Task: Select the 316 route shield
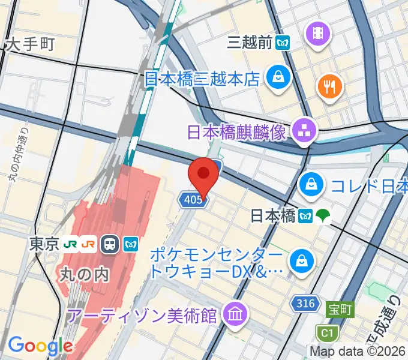[305, 304]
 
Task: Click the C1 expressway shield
[326, 331]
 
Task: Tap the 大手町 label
[31, 44]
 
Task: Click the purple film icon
[317, 34]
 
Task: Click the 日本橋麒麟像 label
[236, 132]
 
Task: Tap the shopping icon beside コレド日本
[311, 184]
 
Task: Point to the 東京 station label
[44, 244]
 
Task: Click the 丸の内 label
[84, 274]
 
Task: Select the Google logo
[40, 345]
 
